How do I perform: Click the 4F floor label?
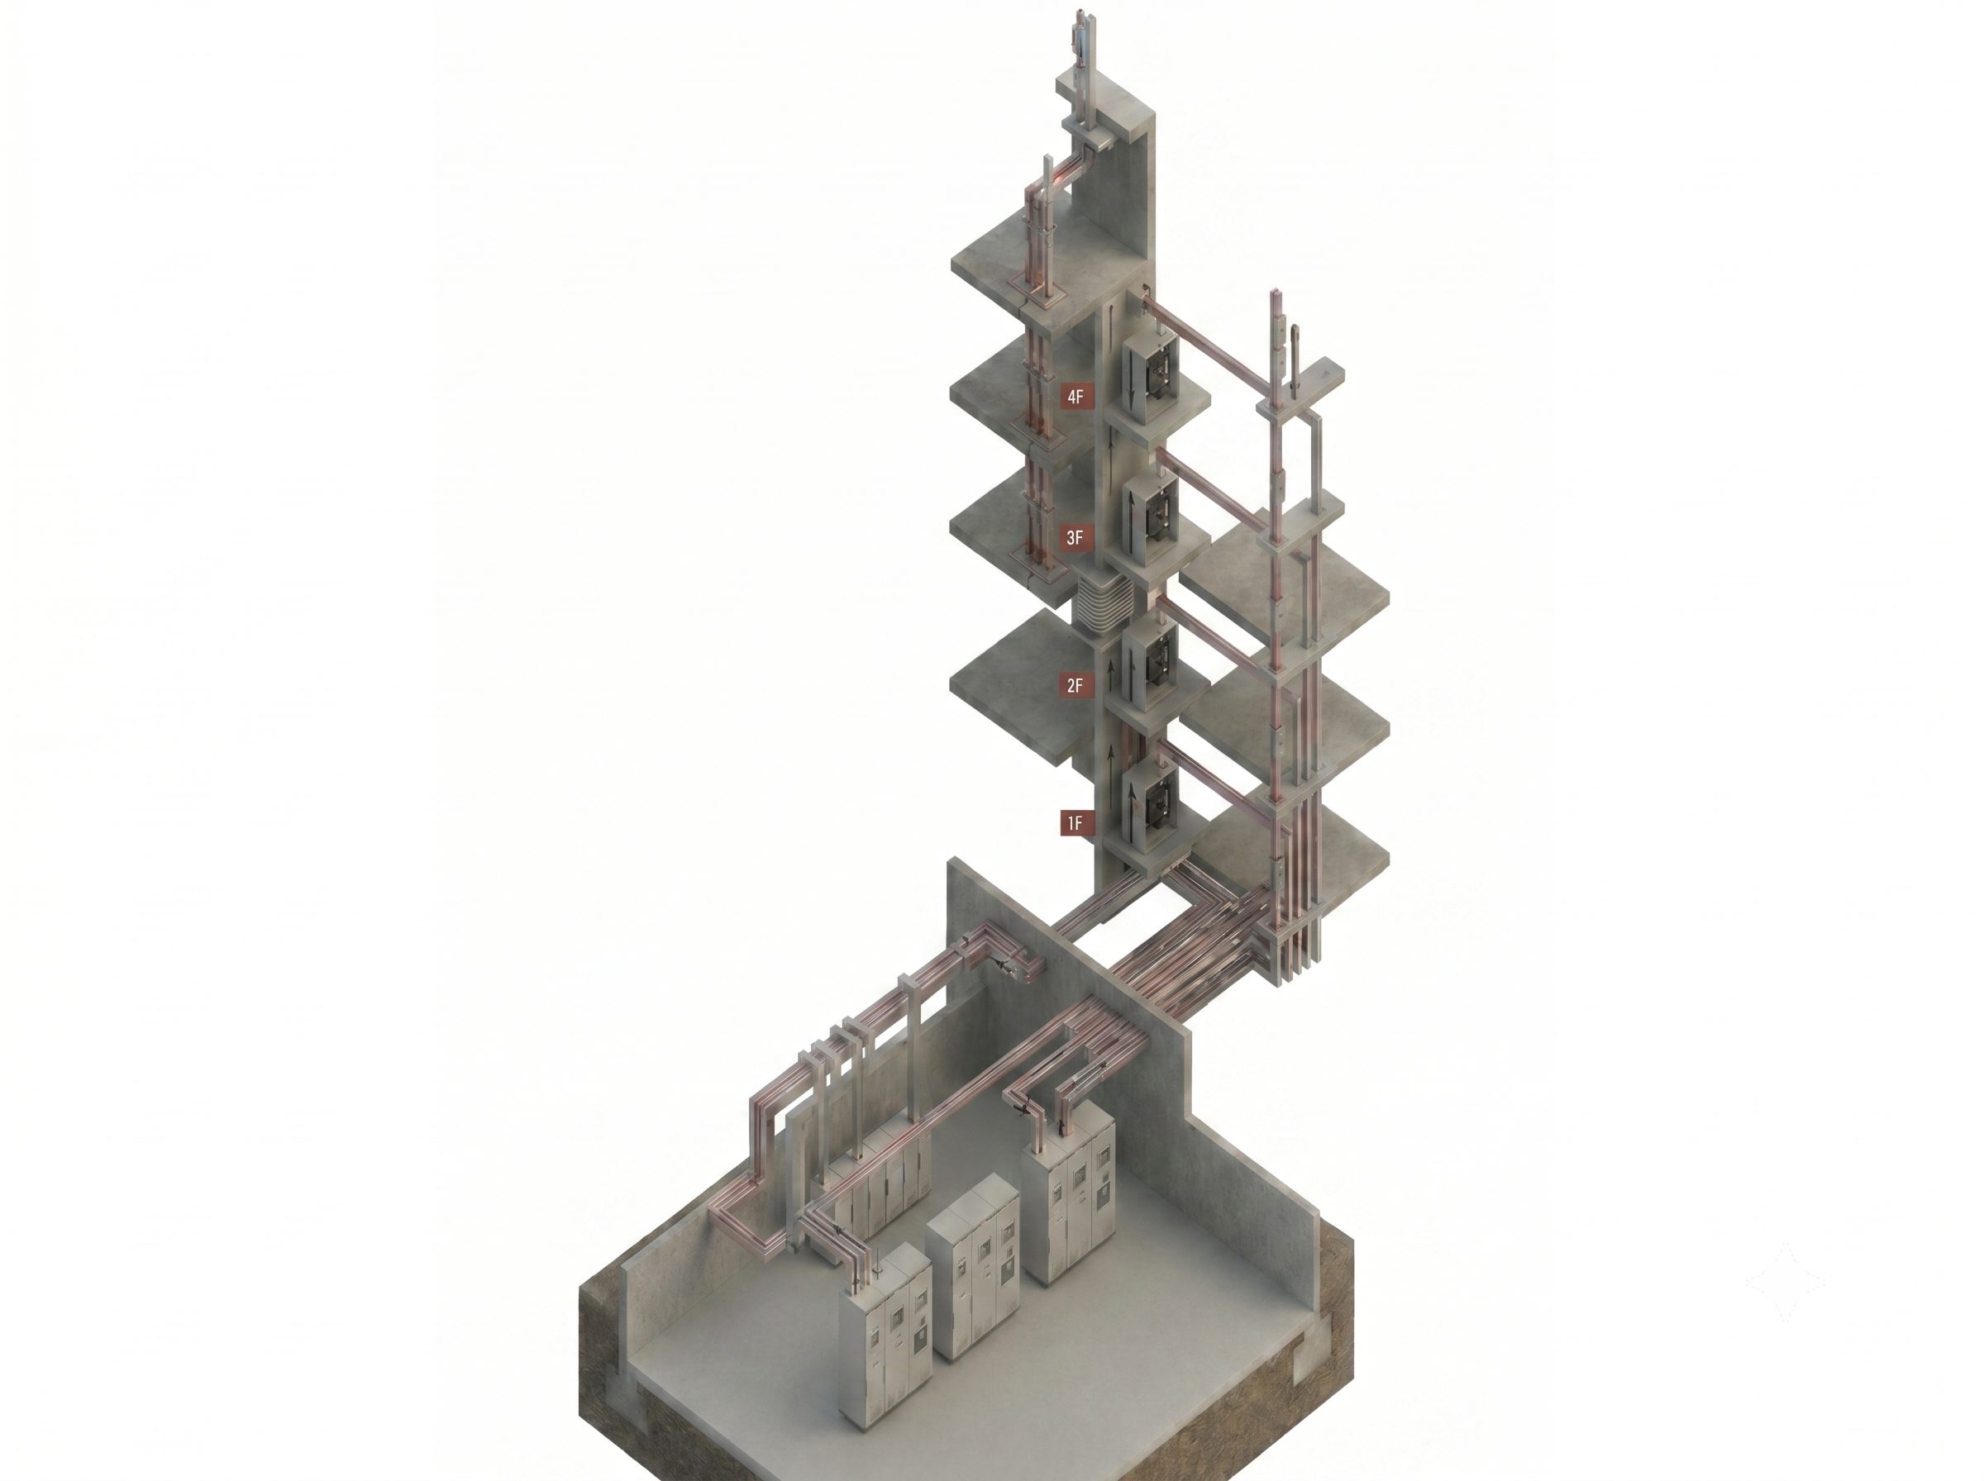coord(1075,396)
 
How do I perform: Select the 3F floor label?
coord(1075,538)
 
